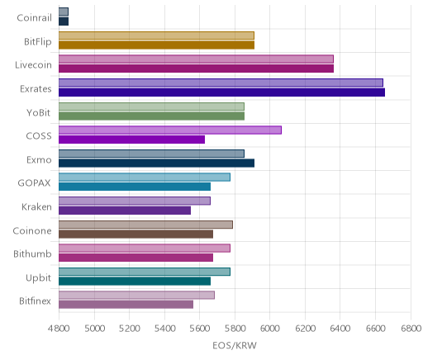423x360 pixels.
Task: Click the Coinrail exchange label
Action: coord(34,18)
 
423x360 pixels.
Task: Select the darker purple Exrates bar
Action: coord(221,92)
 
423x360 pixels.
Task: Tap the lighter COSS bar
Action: coord(170,130)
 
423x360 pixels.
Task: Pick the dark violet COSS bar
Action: coord(131,140)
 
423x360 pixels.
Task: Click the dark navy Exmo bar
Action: coord(156,163)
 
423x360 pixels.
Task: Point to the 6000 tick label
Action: coord(270,329)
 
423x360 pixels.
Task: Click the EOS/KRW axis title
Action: coord(235,345)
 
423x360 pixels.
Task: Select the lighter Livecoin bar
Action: coord(196,59)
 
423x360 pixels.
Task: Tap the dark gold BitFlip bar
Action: coord(156,45)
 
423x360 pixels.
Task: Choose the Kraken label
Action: coord(36,207)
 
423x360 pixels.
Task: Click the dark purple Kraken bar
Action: coord(125,211)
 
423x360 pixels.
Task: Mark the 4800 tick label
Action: coord(59,329)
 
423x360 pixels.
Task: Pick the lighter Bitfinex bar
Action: coord(136,295)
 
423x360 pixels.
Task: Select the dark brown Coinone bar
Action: coord(135,234)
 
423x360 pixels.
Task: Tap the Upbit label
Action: coord(38,278)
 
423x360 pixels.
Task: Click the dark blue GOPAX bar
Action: coord(135,187)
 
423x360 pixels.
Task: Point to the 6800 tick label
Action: coord(411,329)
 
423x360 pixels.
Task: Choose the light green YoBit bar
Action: coord(151,107)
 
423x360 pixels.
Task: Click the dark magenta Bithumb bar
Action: coord(135,258)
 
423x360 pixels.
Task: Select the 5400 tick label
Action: coord(164,329)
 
